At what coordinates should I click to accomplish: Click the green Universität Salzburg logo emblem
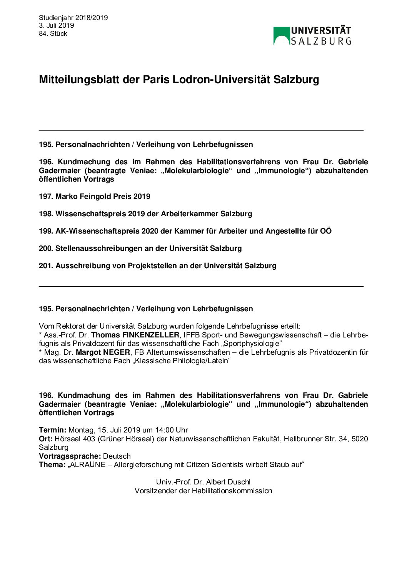[281, 36]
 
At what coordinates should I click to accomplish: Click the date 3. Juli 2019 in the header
[56, 25]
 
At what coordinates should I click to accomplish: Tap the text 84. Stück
[53, 33]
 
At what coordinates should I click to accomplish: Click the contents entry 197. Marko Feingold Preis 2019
[95, 197]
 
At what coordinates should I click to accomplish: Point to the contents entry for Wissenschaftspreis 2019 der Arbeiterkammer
[145, 214]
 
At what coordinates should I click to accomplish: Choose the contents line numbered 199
[185, 231]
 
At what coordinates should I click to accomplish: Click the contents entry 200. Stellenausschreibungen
[140, 249]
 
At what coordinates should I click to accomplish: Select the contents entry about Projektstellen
[157, 266]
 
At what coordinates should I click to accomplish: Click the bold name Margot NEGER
[103, 352]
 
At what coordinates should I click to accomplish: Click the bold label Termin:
[53, 430]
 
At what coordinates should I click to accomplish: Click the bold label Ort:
[46, 439]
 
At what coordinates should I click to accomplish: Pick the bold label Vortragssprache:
[70, 456]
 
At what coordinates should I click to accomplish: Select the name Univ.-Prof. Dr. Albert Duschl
[203, 482]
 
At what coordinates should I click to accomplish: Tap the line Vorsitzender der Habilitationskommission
[203, 491]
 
